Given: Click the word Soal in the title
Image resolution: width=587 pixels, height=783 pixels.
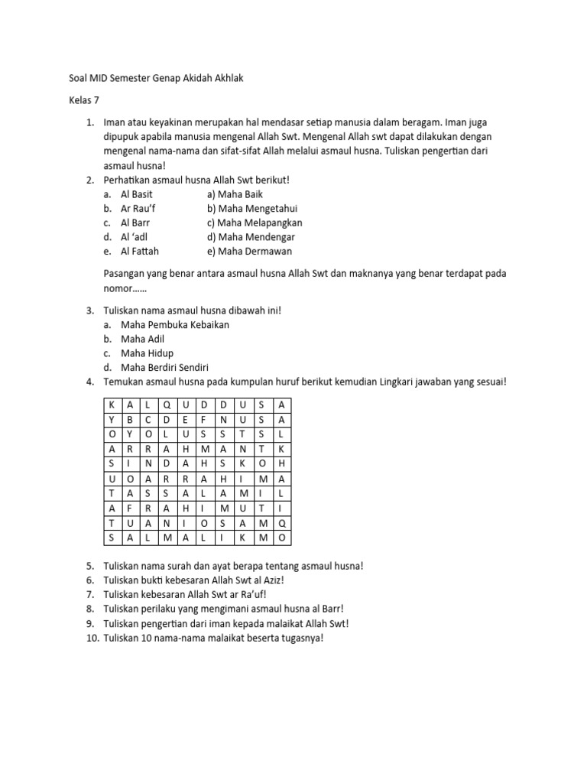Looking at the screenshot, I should (x=70, y=78).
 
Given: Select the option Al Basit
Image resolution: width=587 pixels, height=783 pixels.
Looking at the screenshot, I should (x=137, y=194).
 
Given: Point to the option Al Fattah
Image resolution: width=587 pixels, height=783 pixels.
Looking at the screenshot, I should (x=140, y=251).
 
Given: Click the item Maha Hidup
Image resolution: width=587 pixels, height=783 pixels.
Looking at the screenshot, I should (x=148, y=353).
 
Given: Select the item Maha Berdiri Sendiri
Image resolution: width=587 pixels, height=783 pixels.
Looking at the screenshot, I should (x=165, y=367).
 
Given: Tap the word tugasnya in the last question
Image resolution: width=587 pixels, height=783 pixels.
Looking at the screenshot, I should (x=302, y=638).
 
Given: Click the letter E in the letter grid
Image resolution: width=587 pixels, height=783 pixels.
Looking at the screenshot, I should (x=186, y=419).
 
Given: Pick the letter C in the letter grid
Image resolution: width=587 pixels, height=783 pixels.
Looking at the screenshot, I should (x=148, y=419).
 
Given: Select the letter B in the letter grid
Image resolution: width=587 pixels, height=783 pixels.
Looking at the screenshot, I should (x=130, y=419).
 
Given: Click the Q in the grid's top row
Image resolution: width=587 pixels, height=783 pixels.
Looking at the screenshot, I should (x=167, y=404).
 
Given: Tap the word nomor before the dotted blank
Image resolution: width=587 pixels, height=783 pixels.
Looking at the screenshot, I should (x=116, y=288).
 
